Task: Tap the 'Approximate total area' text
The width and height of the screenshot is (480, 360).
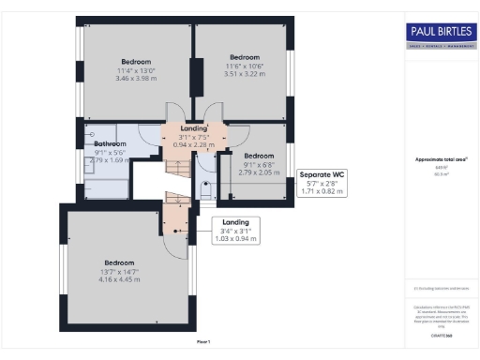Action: coord(441,159)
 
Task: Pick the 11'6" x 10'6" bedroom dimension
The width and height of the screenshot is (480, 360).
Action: coord(244,66)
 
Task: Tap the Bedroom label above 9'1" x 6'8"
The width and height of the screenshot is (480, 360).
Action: coord(258,156)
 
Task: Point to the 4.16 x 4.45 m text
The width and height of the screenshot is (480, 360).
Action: coord(120,279)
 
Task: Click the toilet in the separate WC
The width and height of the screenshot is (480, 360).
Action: coord(206,188)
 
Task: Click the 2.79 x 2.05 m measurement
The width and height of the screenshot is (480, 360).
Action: coord(258,172)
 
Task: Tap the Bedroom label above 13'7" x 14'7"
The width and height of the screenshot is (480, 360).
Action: coord(120,262)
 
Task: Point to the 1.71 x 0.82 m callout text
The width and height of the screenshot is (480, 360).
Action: coord(321,191)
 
